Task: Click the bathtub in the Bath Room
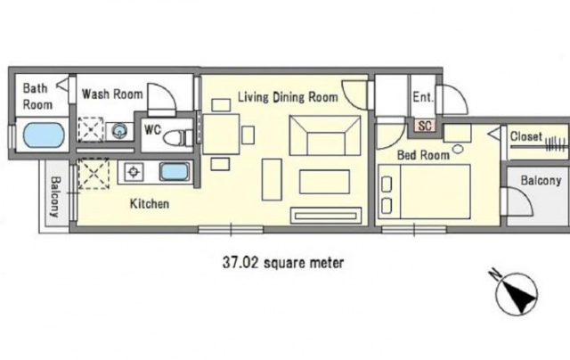click(44, 135)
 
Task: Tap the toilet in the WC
click(178, 138)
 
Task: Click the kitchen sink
click(175, 172)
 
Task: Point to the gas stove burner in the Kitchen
click(134, 172)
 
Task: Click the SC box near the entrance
click(425, 126)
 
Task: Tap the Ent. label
click(423, 97)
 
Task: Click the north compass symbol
click(516, 292)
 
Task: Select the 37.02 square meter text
click(283, 262)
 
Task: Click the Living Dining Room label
click(288, 97)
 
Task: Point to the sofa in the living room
click(325, 135)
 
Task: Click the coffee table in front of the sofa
click(324, 182)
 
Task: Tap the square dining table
click(221, 135)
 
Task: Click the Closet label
click(526, 136)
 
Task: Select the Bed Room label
click(423, 155)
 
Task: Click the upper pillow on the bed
click(386, 184)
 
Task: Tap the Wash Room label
click(112, 94)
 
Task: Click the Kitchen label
click(150, 204)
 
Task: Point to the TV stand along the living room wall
click(326, 216)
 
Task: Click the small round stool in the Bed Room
click(458, 149)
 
